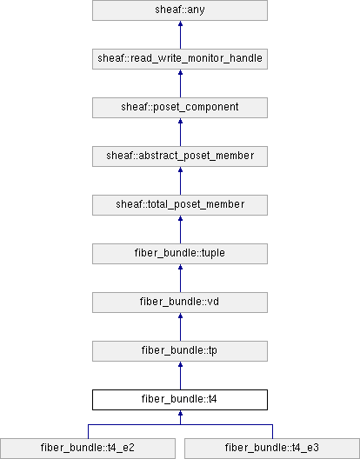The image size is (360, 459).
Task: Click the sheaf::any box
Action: click(x=180, y=10)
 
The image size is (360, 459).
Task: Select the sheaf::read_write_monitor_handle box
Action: click(x=180, y=59)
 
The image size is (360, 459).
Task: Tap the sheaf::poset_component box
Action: click(x=180, y=108)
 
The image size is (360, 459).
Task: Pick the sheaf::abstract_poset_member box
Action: click(x=180, y=156)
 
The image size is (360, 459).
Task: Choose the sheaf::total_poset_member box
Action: click(x=180, y=205)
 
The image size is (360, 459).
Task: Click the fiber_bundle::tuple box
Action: click(x=180, y=254)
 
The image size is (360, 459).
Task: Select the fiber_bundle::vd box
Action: click(x=180, y=303)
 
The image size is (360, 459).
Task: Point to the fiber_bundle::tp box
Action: click(x=180, y=351)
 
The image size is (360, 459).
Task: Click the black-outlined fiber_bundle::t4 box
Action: click(x=180, y=400)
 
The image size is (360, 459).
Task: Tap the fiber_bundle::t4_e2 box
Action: click(x=88, y=449)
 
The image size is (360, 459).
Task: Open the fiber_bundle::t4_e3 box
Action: click(x=272, y=449)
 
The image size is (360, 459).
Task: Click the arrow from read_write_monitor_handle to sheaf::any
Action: click(x=180, y=35)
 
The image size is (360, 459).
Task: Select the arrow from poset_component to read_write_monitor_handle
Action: click(x=180, y=83)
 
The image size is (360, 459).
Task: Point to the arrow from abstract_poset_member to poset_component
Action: click(x=180, y=132)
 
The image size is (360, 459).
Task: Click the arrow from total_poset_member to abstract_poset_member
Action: click(x=180, y=181)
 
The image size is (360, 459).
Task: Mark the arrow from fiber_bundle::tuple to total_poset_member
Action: click(x=180, y=229)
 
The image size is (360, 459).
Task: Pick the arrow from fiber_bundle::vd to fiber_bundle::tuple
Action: click(x=180, y=278)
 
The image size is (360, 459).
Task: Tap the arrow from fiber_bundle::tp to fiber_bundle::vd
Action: click(x=180, y=327)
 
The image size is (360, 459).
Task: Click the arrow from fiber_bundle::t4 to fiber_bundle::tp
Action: click(x=180, y=376)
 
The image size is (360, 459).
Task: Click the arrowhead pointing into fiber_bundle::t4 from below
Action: click(x=180, y=413)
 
